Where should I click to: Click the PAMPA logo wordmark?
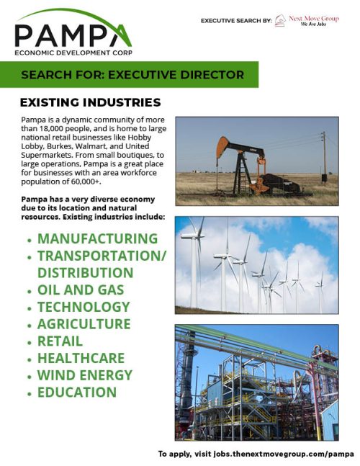tap(72, 34)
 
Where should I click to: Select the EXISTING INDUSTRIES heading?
tap(89, 102)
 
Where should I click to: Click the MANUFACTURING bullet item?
tap(97, 238)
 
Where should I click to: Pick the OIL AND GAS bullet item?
tap(81, 290)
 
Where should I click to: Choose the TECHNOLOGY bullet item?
tap(83, 308)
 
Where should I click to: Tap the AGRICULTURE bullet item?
tap(84, 324)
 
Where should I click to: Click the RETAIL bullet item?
tap(60, 341)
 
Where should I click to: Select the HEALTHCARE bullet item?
tap(81, 358)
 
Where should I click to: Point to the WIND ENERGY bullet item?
tap(84, 375)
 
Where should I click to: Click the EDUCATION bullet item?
tap(76, 393)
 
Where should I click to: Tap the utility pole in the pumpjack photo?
tap(324, 157)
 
